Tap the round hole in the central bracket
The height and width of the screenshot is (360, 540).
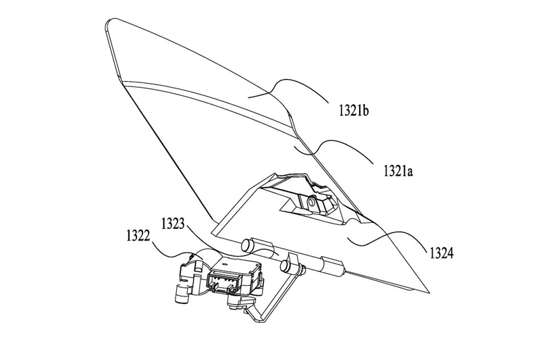pyautogui.click(x=312, y=201)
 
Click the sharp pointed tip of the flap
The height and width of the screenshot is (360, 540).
pyautogui.click(x=429, y=294)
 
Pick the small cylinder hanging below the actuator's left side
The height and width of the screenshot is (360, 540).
pyautogui.click(x=181, y=294)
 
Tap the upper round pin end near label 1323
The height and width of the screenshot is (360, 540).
pyautogui.click(x=246, y=242)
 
